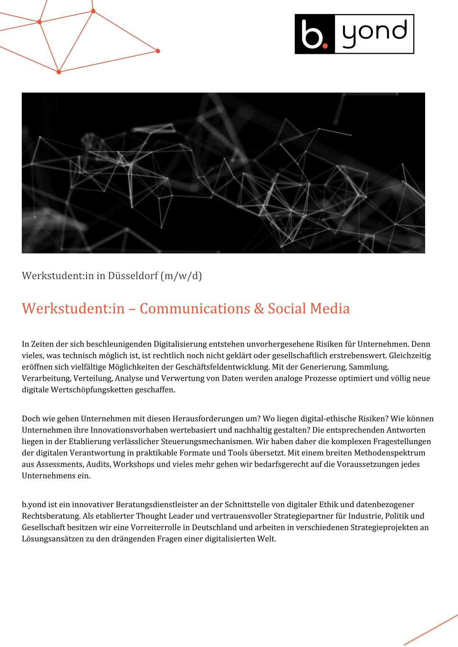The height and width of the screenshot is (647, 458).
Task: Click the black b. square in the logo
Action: (x=314, y=34)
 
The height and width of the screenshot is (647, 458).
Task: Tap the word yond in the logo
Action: (x=374, y=34)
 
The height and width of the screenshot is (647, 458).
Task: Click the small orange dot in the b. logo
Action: (x=325, y=45)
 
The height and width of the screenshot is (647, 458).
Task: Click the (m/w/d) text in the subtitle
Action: (x=181, y=276)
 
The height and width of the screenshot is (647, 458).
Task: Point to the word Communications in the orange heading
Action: (x=195, y=308)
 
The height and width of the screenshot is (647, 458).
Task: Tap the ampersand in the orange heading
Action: (x=259, y=308)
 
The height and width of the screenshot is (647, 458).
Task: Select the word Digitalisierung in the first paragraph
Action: (x=180, y=344)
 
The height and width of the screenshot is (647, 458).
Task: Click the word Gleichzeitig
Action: (x=410, y=356)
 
